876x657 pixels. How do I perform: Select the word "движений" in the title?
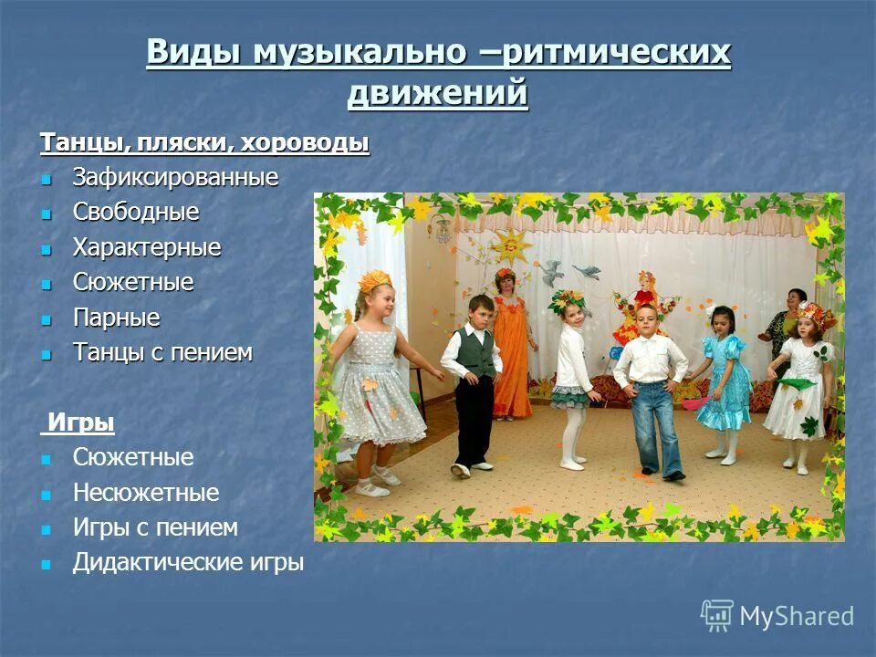(438, 93)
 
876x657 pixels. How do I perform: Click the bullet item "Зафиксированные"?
(175, 177)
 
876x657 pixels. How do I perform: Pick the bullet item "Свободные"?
(136, 213)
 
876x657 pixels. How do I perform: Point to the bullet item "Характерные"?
(147, 247)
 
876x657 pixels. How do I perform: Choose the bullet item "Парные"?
(116, 318)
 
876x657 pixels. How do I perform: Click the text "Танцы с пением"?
(162, 353)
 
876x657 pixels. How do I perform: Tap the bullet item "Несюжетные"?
(146, 494)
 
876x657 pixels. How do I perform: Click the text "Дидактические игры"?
(188, 563)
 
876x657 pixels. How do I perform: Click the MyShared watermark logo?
(777, 616)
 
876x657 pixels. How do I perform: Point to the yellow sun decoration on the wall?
(509, 246)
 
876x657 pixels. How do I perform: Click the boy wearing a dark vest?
(473, 379)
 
